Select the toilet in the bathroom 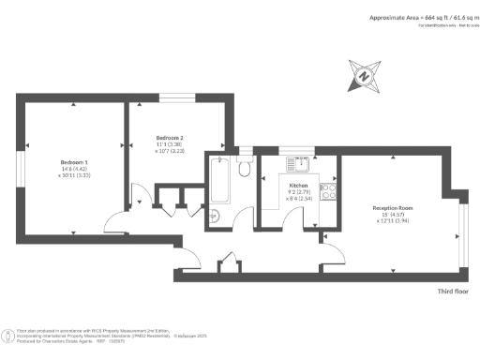(244, 167)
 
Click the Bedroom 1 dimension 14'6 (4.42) (73, 169)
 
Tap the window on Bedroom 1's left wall (18, 168)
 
